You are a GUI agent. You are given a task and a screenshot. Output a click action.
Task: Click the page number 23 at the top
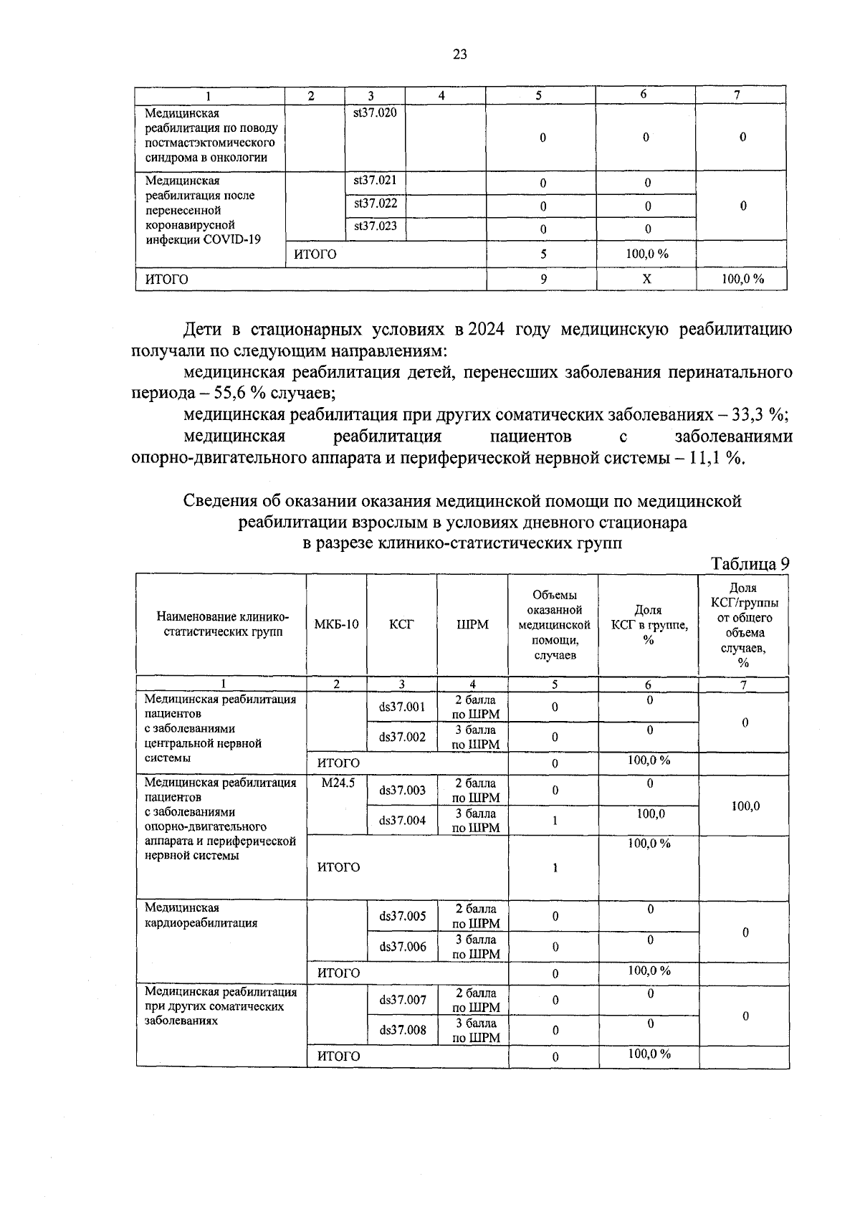pos(460,54)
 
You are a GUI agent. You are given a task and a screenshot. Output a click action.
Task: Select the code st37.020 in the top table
pos(375,113)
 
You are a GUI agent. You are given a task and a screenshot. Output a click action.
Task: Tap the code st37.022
pos(375,204)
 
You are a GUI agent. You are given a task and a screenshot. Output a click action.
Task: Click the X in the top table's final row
pos(646,280)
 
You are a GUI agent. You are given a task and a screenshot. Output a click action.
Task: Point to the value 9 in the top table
pos(544,280)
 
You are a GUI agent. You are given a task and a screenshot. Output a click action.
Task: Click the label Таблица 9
pos(750,564)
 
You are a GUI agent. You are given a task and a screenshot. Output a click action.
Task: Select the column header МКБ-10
pos(336,624)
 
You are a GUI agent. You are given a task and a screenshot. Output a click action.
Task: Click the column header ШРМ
pos(472,624)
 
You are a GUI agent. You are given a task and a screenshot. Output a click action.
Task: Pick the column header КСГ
pos(401,624)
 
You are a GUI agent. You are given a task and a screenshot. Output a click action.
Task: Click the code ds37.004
pos(403,821)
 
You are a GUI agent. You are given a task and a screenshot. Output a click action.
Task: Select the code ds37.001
pos(403,707)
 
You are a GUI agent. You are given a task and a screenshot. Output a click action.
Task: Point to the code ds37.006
pos(403,947)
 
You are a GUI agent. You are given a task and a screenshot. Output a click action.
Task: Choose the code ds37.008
pos(403,1031)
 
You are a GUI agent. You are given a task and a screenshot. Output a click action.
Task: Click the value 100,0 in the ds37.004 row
pos(650,814)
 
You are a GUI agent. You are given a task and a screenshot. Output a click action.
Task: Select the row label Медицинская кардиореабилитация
pos(201,916)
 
